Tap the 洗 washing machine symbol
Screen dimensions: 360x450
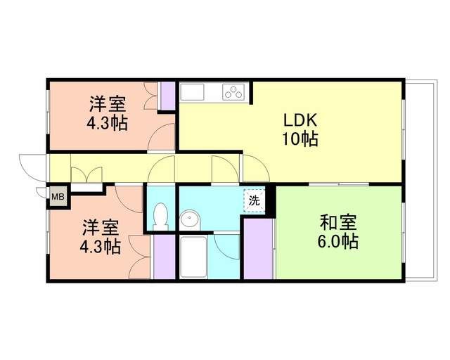pos(254,200)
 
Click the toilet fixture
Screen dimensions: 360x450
pos(160,214)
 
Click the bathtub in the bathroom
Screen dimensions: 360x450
pos(193,258)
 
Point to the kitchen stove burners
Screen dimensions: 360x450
pos(233,92)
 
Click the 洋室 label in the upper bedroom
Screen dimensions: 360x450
pos(108,105)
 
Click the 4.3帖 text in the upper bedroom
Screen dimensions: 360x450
pos(108,124)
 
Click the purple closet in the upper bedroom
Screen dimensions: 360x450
pos(167,96)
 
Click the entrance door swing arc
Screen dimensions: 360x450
pos(32,165)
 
